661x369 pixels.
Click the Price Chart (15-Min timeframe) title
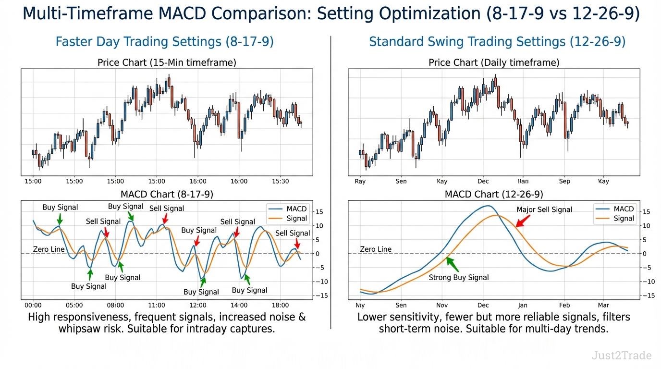(x=167, y=62)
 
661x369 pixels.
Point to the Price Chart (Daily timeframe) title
(x=494, y=62)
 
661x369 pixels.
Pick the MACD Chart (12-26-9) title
(x=494, y=195)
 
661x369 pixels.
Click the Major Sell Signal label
(x=544, y=209)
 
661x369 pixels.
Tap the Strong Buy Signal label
(x=459, y=277)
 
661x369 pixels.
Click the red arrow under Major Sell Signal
(x=523, y=221)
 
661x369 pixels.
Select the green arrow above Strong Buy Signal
(x=452, y=264)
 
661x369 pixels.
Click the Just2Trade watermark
(x=622, y=356)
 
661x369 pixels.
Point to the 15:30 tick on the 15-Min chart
(x=280, y=181)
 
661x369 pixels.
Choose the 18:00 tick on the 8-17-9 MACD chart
(x=280, y=305)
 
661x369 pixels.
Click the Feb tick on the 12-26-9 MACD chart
(x=564, y=305)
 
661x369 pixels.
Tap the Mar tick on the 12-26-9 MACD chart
(x=603, y=305)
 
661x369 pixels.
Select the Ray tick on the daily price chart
(x=360, y=181)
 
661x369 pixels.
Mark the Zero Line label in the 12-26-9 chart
(x=376, y=249)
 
